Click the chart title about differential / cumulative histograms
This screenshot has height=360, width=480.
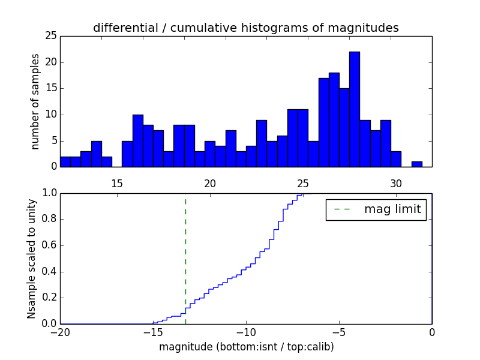[x=245, y=28]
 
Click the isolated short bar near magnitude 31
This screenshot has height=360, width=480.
[x=416, y=164]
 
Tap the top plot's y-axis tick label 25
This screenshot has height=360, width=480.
[x=50, y=36]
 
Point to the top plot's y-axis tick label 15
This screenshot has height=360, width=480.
[x=50, y=88]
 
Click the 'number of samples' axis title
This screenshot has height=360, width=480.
[x=35, y=101]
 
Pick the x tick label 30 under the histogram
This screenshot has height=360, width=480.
[x=395, y=184]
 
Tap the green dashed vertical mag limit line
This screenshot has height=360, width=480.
[x=185, y=258]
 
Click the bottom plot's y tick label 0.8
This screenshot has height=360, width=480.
[x=48, y=219]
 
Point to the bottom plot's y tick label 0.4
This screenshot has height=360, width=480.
[x=48, y=271]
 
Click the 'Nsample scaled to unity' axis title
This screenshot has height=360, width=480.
[x=32, y=259]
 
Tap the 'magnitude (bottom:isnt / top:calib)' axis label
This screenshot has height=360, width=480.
[x=246, y=347]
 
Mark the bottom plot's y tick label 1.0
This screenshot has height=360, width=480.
[x=48, y=193]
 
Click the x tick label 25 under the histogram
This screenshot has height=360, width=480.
[x=302, y=184]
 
